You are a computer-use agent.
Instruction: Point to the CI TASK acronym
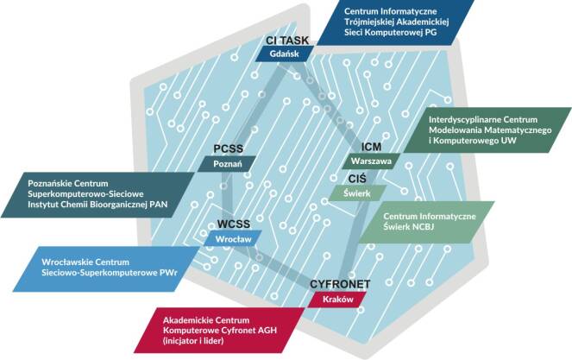coord(287,39)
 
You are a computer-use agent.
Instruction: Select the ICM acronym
coord(372,146)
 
